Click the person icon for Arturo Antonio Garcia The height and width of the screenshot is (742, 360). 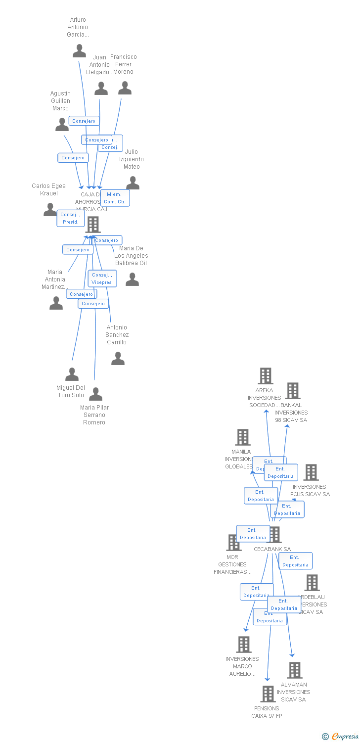tap(79, 50)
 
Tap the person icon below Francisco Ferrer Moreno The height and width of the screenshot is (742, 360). tap(125, 88)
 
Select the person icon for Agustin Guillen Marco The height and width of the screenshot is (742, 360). tap(62, 125)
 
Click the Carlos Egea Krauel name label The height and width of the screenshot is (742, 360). tap(48, 189)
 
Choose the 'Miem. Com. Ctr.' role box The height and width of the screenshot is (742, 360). tap(115, 198)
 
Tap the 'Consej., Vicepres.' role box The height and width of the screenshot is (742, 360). tap(102, 278)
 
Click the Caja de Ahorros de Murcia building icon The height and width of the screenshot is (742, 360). tap(92, 225)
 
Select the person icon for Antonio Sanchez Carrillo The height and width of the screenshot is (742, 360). tap(118, 358)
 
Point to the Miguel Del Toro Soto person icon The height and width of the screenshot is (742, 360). tap(72, 374)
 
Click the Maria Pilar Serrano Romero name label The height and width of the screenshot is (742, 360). tap(94, 415)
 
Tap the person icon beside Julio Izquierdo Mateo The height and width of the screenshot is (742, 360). tap(133, 183)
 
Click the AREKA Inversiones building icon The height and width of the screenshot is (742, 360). tap(266, 376)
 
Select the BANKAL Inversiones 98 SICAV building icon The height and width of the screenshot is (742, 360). tap(293, 391)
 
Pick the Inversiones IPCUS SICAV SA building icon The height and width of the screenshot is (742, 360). tap(311, 472)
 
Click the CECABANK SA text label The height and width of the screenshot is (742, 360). tap(272, 549)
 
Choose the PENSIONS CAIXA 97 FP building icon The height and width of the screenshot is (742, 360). tap(268, 694)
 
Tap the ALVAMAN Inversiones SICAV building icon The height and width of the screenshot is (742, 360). tap(294, 670)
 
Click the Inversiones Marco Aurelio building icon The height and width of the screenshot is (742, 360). tap(243, 644)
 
